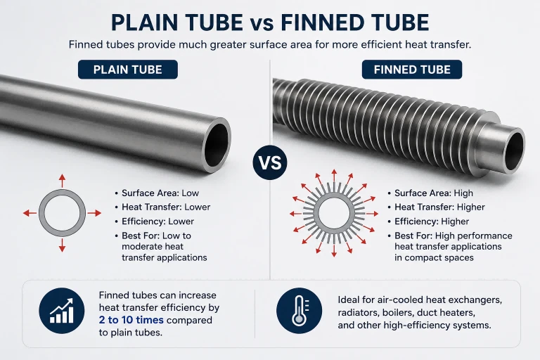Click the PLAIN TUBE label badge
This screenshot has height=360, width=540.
pyautogui.click(x=128, y=70)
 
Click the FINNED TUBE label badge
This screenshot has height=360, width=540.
pyautogui.click(x=412, y=70)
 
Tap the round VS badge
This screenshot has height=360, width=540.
pyautogui.click(x=270, y=162)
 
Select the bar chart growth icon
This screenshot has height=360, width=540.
pyautogui.click(x=62, y=310)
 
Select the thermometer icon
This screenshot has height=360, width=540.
pyautogui.click(x=300, y=310)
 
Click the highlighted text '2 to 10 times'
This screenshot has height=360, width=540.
pyautogui.click(x=131, y=320)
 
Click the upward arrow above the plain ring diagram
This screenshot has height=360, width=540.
pyautogui.click(x=62, y=181)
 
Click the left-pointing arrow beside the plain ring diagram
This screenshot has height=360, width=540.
pyautogui.click(x=30, y=214)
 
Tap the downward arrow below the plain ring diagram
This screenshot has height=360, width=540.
pyautogui.click(x=62, y=245)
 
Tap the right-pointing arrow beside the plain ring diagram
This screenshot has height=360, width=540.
pyautogui.click(x=94, y=214)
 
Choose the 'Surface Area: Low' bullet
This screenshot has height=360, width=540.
pyautogui.click(x=157, y=193)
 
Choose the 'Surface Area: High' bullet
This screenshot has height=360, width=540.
pyautogui.click(x=430, y=193)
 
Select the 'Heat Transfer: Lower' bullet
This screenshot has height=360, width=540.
pyautogui.click(x=162, y=207)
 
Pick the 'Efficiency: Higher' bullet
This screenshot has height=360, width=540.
pyautogui.click(x=428, y=221)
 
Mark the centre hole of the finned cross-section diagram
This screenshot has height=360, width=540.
pyautogui.click(x=334, y=214)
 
